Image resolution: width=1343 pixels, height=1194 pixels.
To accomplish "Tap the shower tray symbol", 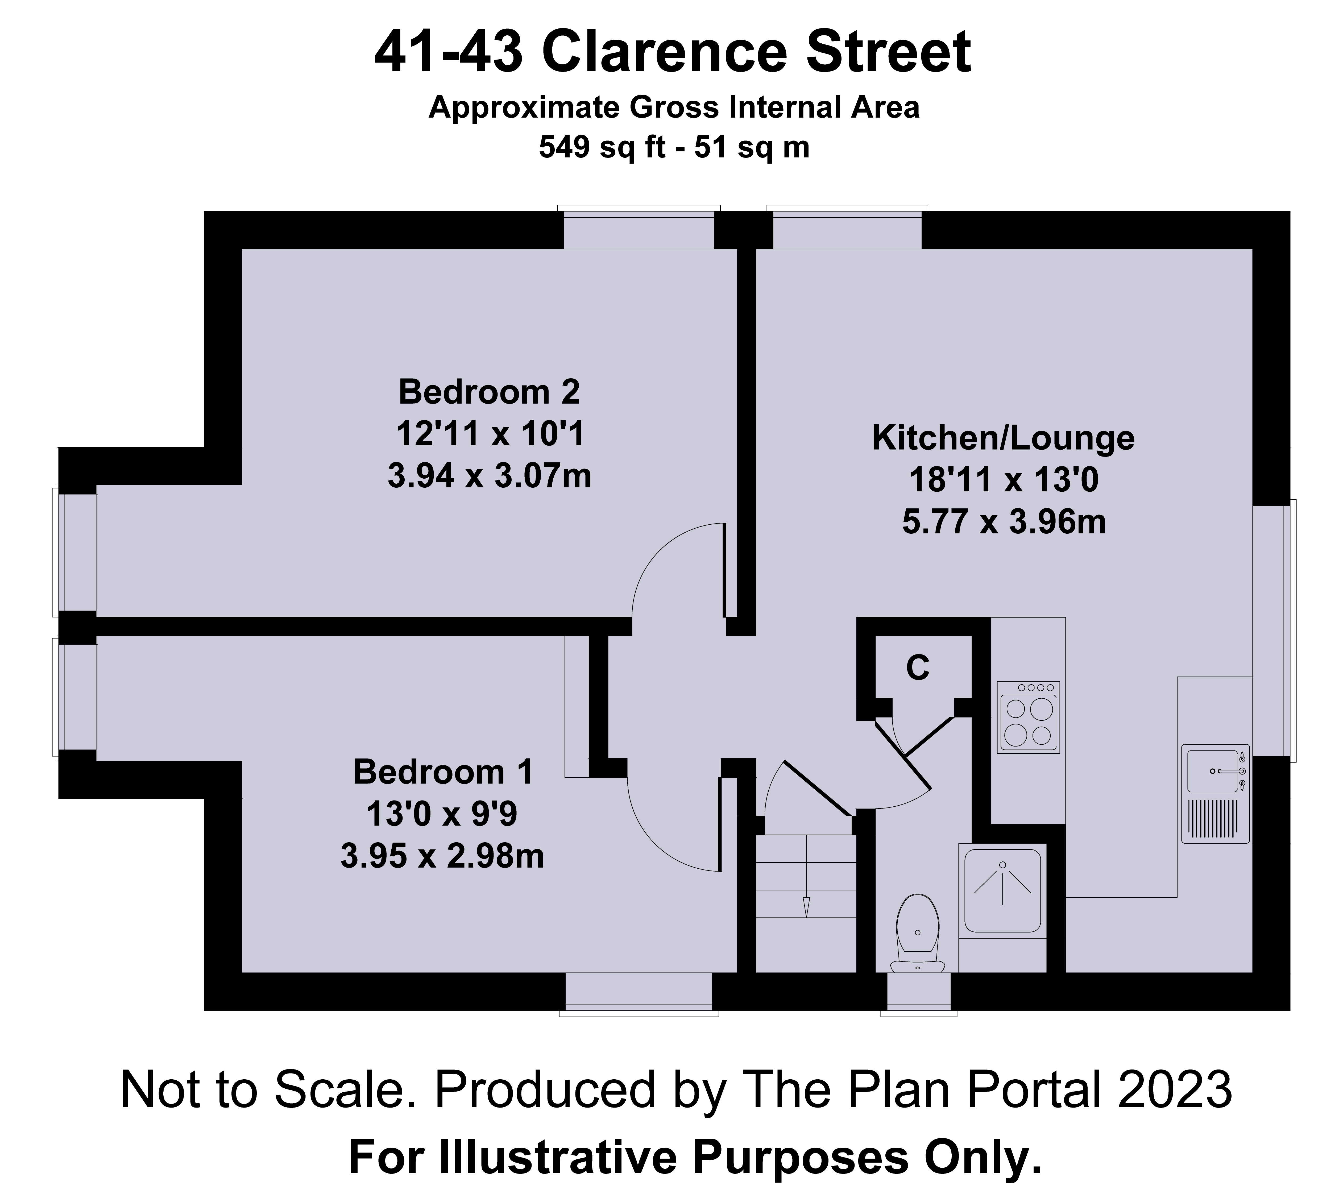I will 1002,890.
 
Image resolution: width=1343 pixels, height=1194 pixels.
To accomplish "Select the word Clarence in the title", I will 664,54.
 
